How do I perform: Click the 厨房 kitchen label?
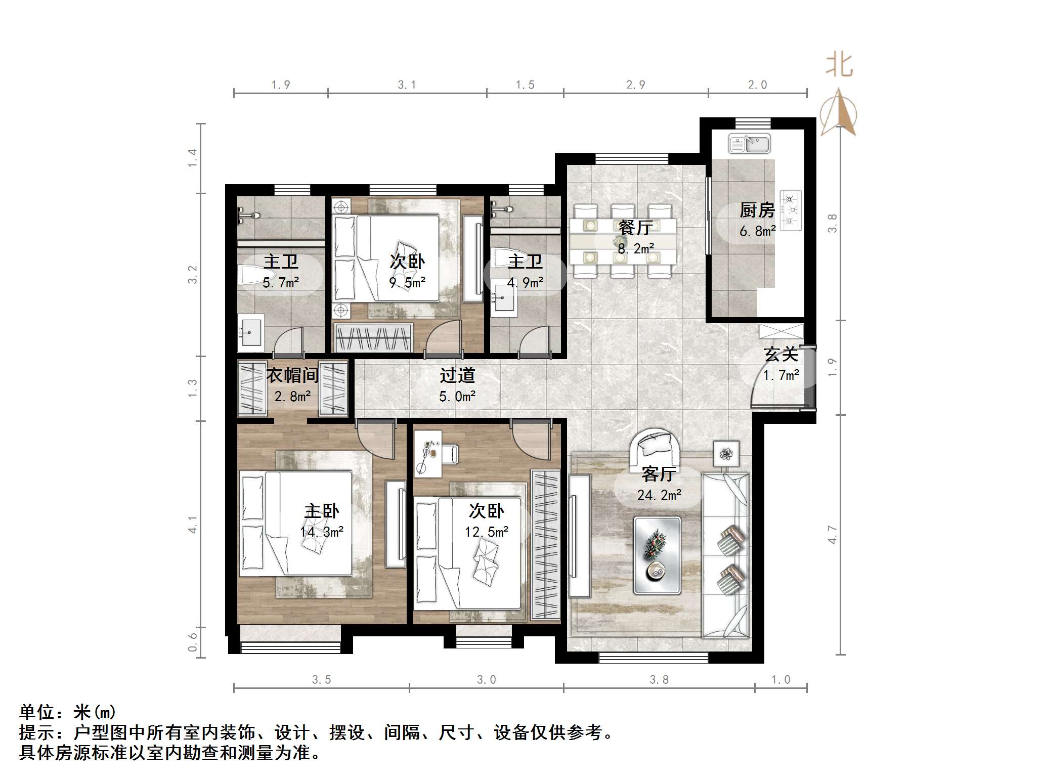click(x=757, y=210)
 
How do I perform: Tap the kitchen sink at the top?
click(x=749, y=144)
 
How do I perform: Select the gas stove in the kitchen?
click(x=791, y=210)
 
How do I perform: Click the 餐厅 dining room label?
click(x=636, y=228)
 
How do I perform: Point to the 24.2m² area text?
click(x=659, y=495)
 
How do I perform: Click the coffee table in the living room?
click(x=657, y=554)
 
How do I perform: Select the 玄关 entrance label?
click(x=781, y=354)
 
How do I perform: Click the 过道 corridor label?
click(x=457, y=375)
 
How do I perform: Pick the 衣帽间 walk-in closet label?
click(x=292, y=375)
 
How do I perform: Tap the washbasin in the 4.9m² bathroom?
click(x=503, y=300)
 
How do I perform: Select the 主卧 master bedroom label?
click(x=322, y=511)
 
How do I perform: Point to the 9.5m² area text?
click(x=407, y=283)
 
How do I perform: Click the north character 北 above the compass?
click(x=839, y=66)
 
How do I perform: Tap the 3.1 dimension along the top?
click(x=407, y=85)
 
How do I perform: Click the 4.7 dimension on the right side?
click(x=832, y=535)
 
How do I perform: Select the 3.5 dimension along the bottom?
click(x=321, y=680)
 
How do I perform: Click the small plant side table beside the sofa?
click(x=726, y=454)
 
